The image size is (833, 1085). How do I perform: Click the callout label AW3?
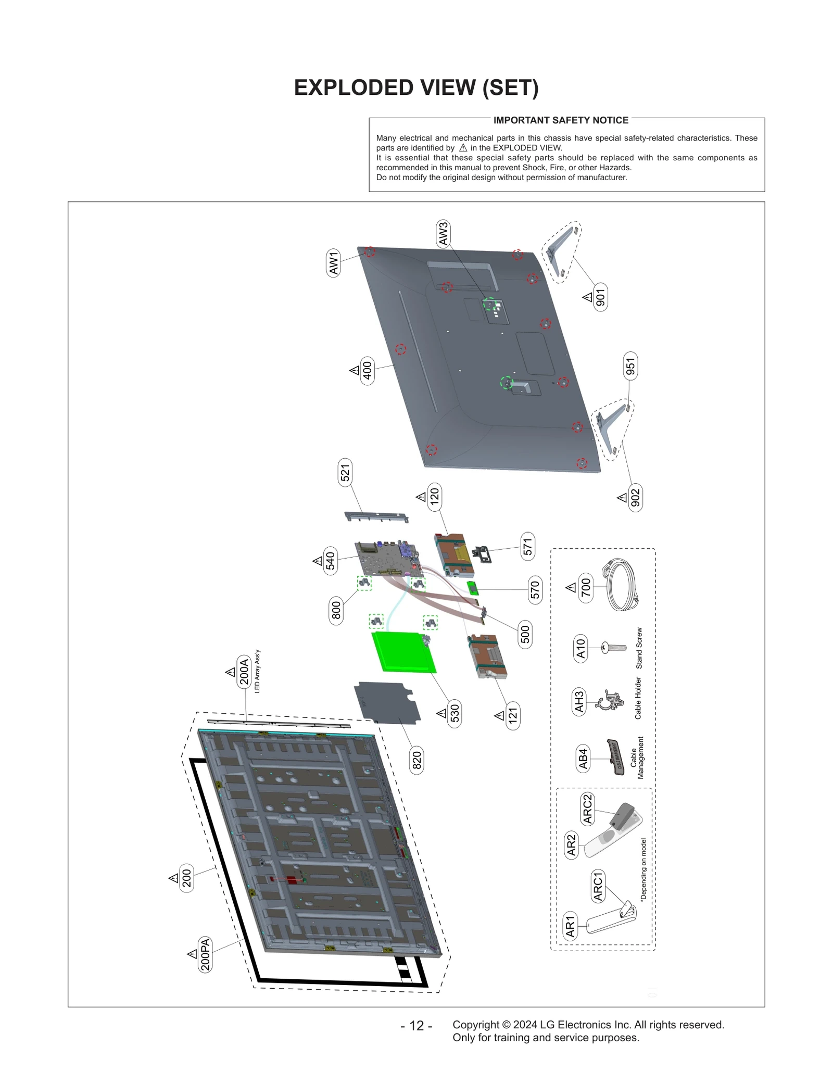pos(443,234)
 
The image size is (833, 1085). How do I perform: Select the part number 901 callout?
pos(600,298)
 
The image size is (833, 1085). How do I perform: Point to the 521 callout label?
pos(345,473)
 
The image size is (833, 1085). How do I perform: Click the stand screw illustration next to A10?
pos(614,648)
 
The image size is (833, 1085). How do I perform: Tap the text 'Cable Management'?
pos(637,758)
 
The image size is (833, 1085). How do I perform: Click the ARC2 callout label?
pos(587,809)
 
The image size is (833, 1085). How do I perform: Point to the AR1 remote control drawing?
pos(611,921)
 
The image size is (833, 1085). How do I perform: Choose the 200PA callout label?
pos(206,954)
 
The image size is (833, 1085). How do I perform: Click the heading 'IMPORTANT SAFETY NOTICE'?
pos(561,120)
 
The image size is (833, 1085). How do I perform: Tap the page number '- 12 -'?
pos(416,1025)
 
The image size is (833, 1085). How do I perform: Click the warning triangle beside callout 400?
pos(355,370)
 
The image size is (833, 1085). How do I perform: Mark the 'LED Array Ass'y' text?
pos(257,671)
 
